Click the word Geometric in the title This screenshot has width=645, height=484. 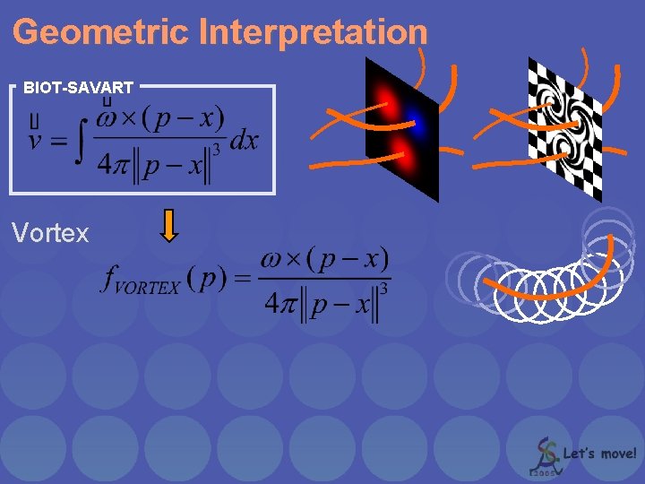click(101, 32)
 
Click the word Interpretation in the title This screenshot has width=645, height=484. click(314, 32)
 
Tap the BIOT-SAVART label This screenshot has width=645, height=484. click(79, 88)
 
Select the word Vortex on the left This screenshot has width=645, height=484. click(50, 234)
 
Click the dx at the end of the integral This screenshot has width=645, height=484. click(244, 141)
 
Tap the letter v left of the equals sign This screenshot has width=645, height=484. click(36, 142)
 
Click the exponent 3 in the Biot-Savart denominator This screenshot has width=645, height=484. click(216, 149)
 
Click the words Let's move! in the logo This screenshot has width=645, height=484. click(600, 454)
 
